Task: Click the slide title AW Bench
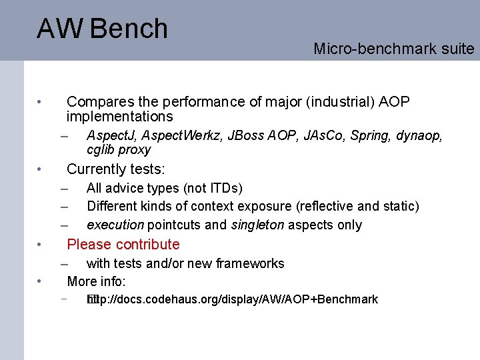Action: [x=103, y=29]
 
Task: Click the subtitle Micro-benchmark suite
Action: [x=393, y=49]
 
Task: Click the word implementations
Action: [x=120, y=117]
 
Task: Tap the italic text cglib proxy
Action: [x=119, y=149]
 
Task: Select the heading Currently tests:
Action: [x=116, y=169]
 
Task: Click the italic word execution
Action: [x=115, y=225]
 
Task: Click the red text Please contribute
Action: [x=123, y=245]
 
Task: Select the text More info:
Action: [x=96, y=281]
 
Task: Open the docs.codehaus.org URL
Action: [x=233, y=299]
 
